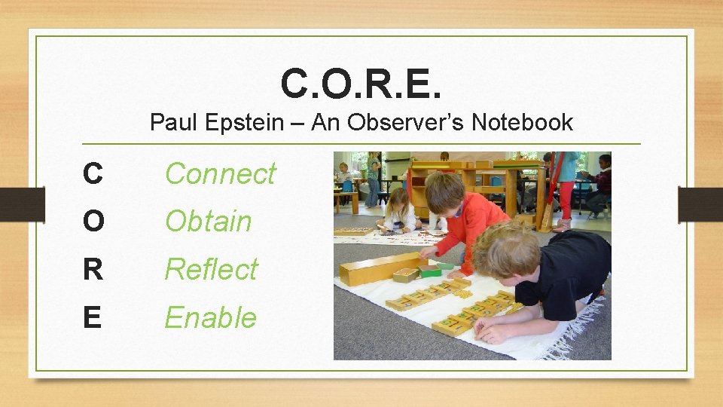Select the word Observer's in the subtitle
click(402, 122)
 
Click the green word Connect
click(221, 174)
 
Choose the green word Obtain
click(208, 222)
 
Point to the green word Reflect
click(212, 270)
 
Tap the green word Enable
click(211, 318)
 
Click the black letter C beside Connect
click(93, 174)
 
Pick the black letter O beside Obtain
click(93, 222)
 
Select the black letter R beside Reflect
click(93, 270)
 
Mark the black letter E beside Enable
click(92, 318)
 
